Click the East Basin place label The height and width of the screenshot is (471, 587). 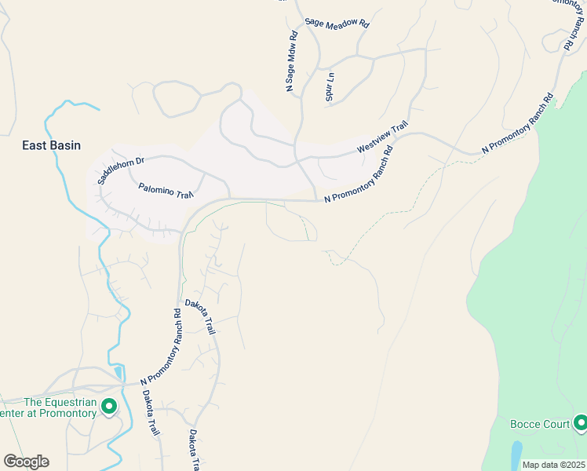[x=52, y=145]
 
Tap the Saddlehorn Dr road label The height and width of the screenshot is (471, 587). [x=122, y=170]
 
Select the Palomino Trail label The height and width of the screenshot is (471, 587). [x=166, y=191]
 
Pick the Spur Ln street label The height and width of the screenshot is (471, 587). [x=330, y=86]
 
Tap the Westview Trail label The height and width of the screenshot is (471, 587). [x=383, y=137]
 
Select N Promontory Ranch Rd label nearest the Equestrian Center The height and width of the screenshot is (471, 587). [x=161, y=346]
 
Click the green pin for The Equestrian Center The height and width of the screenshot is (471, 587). [x=110, y=407]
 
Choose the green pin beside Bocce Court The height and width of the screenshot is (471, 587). [x=580, y=424]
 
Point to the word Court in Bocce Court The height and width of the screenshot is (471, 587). [x=556, y=425]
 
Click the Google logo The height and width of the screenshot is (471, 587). [x=26, y=462]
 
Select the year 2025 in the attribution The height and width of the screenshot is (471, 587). [x=574, y=465]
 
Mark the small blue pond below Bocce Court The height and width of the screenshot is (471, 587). [x=516, y=454]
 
